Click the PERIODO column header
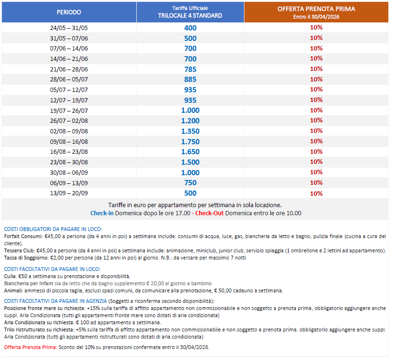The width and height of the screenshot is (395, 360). [69, 12]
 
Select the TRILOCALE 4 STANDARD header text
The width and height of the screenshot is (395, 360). [190, 15]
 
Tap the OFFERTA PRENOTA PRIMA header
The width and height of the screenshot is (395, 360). [316, 9]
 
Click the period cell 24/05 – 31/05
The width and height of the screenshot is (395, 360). [69, 28]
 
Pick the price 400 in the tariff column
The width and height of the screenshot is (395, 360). [190, 28]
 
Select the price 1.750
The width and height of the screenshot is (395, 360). [190, 141]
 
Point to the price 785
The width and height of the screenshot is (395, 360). [190, 69]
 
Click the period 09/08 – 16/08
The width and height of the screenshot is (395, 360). [69, 141]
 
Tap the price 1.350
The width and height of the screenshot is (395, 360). [190, 131]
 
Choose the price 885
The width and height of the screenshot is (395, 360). [190, 80]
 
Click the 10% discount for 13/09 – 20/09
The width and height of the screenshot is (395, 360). [316, 193]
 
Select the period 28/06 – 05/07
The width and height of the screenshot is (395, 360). [69, 80]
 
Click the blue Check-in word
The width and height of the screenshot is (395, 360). [102, 213]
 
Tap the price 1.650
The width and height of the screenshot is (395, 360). [190, 152]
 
